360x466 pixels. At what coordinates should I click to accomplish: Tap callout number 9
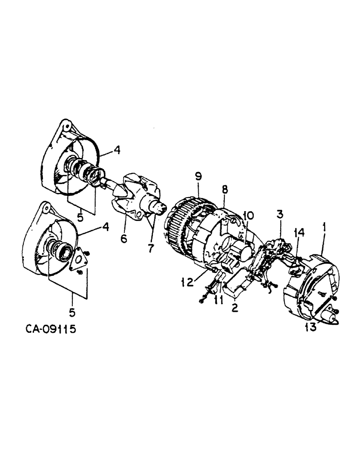click(x=198, y=177)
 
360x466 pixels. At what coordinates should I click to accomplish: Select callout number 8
click(x=225, y=190)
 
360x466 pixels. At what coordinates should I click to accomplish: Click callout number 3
click(x=280, y=215)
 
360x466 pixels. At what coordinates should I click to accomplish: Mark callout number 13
click(x=311, y=327)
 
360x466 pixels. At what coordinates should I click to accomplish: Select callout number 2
click(x=235, y=307)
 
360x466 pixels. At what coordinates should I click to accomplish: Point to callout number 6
click(x=124, y=239)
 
